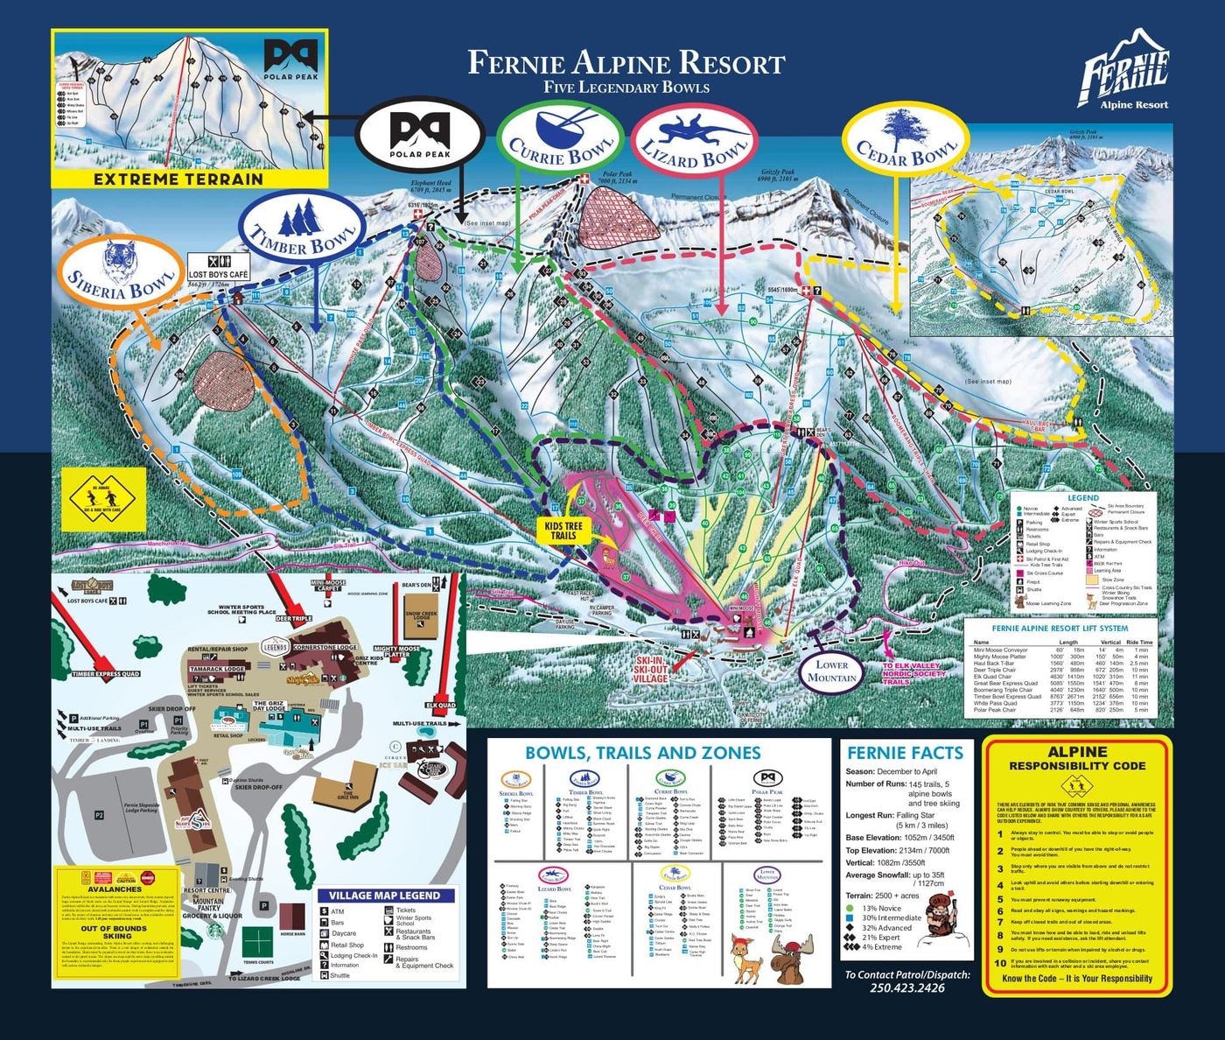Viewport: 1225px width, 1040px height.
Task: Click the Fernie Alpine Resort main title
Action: (x=626, y=63)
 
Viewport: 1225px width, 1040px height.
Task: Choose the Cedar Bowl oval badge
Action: (x=906, y=143)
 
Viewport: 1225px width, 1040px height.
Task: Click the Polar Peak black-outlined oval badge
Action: (x=419, y=135)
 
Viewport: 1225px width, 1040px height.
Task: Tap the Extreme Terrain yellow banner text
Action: (x=178, y=179)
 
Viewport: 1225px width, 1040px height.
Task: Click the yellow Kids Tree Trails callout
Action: (x=563, y=531)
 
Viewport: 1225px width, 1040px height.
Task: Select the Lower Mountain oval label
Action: (x=831, y=671)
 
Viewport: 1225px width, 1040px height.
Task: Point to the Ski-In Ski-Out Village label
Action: (x=650, y=669)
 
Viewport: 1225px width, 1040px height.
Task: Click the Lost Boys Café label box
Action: (x=219, y=269)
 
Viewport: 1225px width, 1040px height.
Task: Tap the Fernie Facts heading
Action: (x=905, y=753)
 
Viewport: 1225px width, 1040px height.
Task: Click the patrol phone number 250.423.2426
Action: (x=906, y=987)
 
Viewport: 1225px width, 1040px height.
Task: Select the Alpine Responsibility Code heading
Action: (x=1076, y=758)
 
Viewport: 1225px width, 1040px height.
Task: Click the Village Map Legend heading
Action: (x=384, y=896)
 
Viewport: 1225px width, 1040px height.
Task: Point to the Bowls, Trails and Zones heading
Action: (x=642, y=753)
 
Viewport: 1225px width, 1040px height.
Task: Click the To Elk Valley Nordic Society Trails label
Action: (x=913, y=673)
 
